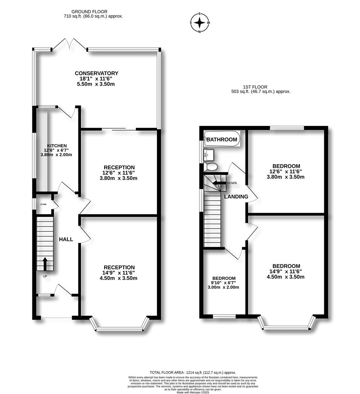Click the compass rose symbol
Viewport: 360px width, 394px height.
point(200,23)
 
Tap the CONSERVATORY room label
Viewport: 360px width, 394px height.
point(97,73)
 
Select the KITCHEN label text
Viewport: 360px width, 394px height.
point(57,146)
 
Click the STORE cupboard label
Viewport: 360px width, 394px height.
point(43,205)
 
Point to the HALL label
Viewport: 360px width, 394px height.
point(66,239)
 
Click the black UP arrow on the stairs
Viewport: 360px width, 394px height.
point(45,264)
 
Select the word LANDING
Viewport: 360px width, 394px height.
point(236,197)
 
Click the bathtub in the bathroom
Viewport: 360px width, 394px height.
point(222,139)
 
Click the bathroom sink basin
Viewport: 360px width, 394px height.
point(209,155)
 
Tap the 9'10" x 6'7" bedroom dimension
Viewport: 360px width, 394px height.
point(223,283)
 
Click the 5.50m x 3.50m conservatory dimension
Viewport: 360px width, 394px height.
point(96,84)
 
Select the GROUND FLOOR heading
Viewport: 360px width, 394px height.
point(89,12)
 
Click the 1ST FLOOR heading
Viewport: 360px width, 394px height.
point(255,87)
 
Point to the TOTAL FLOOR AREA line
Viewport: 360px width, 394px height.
point(193,372)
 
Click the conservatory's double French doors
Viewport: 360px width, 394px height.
point(69,45)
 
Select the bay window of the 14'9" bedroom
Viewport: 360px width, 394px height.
point(286,322)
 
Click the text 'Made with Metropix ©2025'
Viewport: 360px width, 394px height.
point(193,392)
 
